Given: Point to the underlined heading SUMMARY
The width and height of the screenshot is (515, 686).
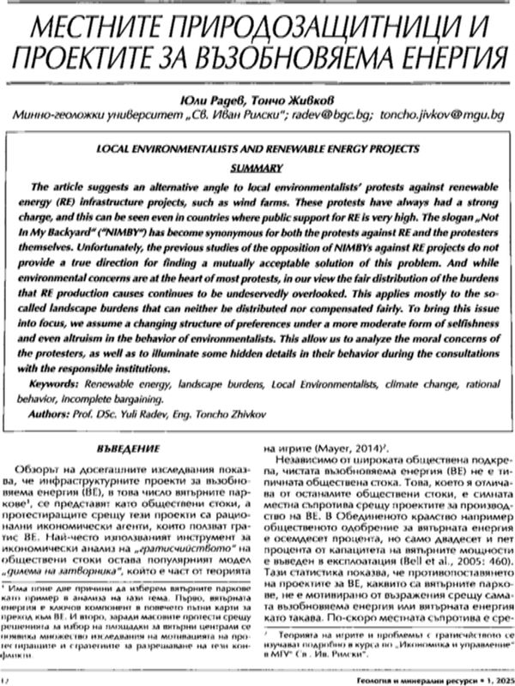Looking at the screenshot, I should coord(257,165).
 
